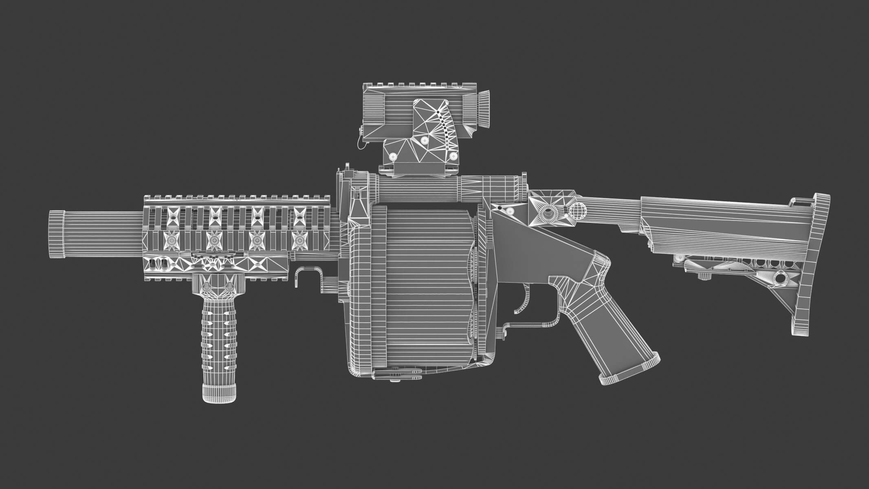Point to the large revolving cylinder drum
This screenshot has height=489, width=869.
pos(424,289)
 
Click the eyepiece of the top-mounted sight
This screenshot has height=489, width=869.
pos(483,108)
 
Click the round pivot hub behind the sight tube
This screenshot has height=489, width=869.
pos(548,212)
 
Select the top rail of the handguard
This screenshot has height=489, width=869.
pos(236,199)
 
